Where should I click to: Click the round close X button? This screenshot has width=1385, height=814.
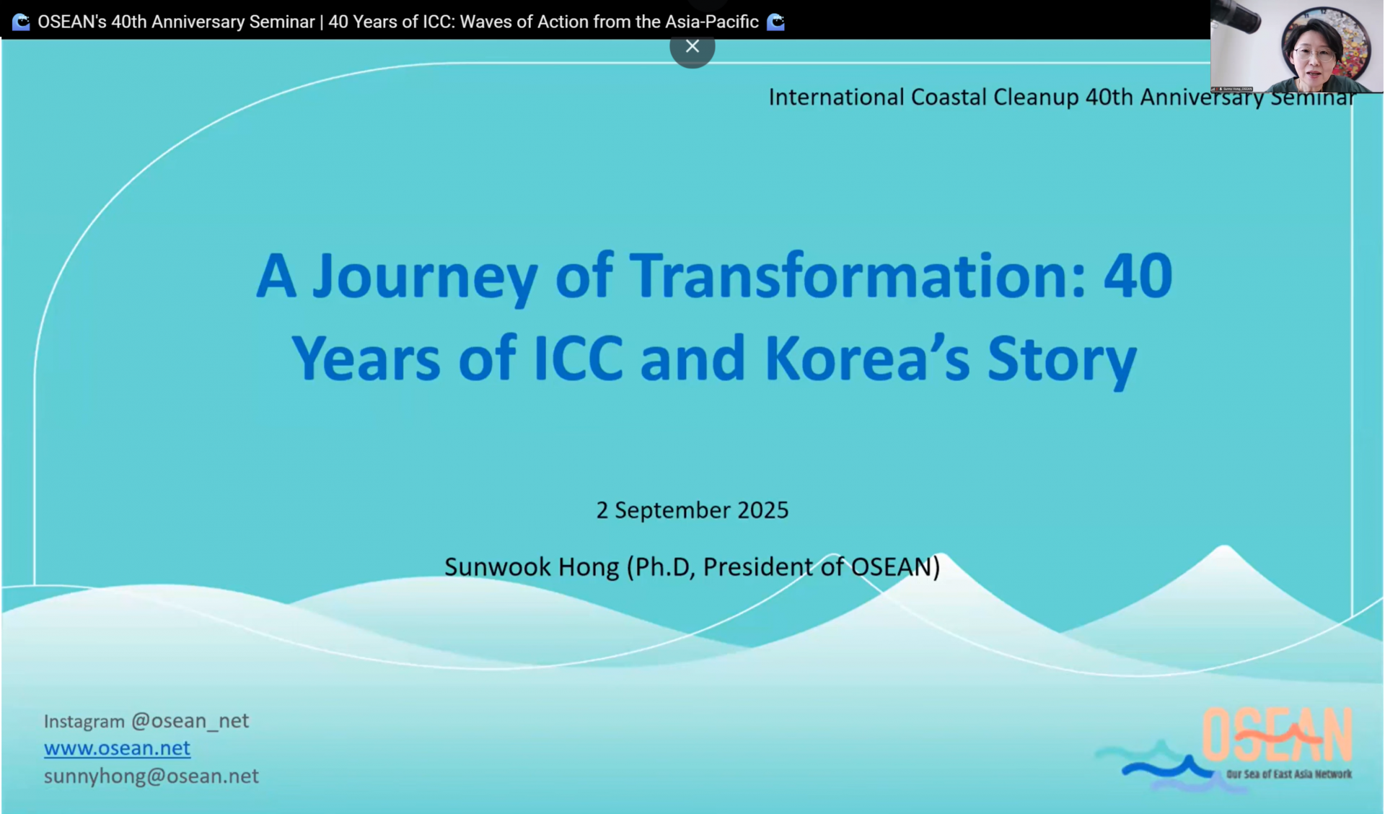(x=692, y=47)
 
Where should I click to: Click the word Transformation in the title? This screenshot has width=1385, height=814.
(x=858, y=276)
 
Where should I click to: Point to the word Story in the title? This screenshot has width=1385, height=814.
(x=1062, y=361)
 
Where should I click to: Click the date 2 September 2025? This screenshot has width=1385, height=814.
(x=692, y=510)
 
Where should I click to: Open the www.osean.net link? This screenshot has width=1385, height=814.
(x=117, y=748)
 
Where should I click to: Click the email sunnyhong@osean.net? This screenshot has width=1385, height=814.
(x=151, y=776)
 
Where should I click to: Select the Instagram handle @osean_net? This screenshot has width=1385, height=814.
(x=190, y=721)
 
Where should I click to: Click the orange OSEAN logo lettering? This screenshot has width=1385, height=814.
(x=1277, y=734)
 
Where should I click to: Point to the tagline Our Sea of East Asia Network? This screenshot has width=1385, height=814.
(x=1289, y=774)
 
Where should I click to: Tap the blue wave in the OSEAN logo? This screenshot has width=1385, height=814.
(x=1169, y=768)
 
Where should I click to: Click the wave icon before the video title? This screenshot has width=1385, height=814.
(x=21, y=22)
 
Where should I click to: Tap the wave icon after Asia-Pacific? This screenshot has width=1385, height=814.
(x=775, y=22)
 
